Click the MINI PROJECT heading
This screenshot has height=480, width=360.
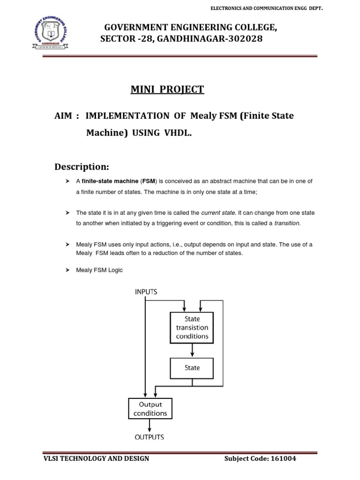[167, 90]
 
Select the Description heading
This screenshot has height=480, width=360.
[82, 167]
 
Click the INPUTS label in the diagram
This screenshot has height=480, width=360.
[146, 292]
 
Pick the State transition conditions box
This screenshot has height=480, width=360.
[192, 327]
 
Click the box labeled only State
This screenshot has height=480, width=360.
[192, 368]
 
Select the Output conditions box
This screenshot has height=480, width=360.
[150, 409]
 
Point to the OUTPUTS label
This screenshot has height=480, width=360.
[150, 437]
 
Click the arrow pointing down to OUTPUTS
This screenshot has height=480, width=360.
[150, 425]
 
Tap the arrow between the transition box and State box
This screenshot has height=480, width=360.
[192, 350]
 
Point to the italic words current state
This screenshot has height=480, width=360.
[217, 213]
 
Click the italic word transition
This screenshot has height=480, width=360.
[287, 224]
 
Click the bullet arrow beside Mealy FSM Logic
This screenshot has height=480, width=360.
[67, 270]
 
